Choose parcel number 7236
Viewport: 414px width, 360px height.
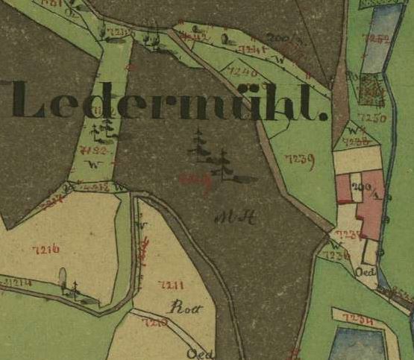point(337,255)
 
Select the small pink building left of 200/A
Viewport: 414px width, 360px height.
point(343,189)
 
